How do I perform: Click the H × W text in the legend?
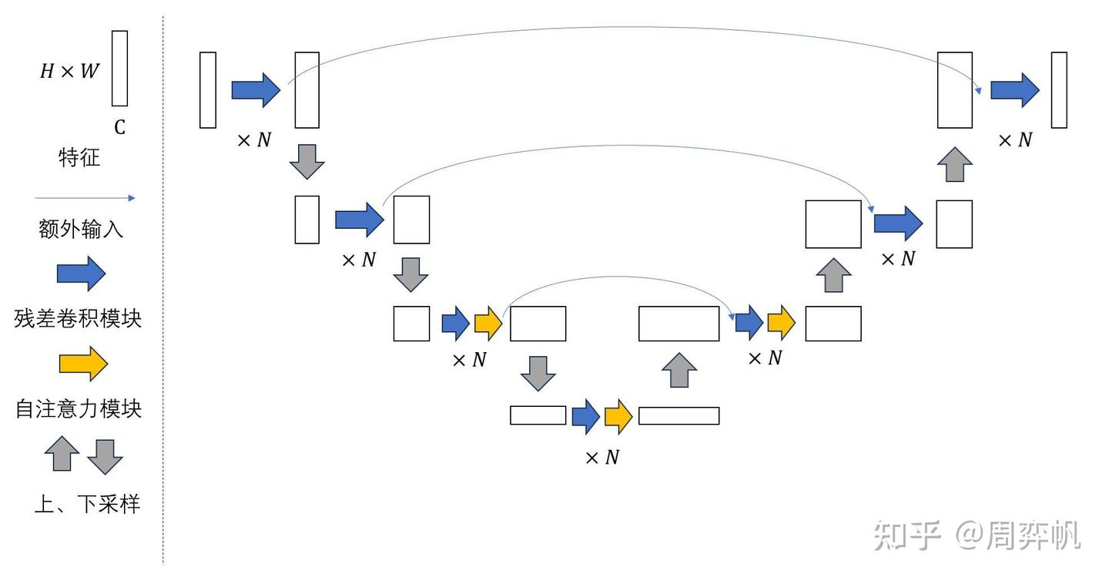pyautogui.click(x=69, y=71)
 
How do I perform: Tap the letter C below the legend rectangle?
pyautogui.click(x=119, y=127)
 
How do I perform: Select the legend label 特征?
pyautogui.click(x=79, y=159)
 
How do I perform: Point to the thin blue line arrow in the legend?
pyautogui.click(x=85, y=198)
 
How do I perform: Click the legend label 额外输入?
pyautogui.click(x=81, y=229)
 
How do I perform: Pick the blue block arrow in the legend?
pyautogui.click(x=81, y=273)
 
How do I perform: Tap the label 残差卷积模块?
pyautogui.click(x=78, y=317)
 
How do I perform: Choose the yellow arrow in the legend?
pyautogui.click(x=83, y=363)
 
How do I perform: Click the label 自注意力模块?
pyautogui.click(x=79, y=408)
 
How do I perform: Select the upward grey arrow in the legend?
pyautogui.click(x=62, y=454)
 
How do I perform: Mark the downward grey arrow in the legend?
pyautogui.click(x=105, y=456)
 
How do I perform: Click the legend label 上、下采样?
pyautogui.click(x=87, y=504)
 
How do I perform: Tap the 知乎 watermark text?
pyautogui.click(x=908, y=536)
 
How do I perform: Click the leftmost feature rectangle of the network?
pyautogui.click(x=208, y=89)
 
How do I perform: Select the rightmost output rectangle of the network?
pyautogui.click(x=1059, y=89)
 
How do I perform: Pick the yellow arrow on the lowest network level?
pyautogui.click(x=618, y=416)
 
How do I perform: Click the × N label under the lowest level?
pyautogui.click(x=601, y=458)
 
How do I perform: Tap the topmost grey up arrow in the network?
pyautogui.click(x=954, y=164)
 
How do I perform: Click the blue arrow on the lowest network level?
pyautogui.click(x=585, y=416)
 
